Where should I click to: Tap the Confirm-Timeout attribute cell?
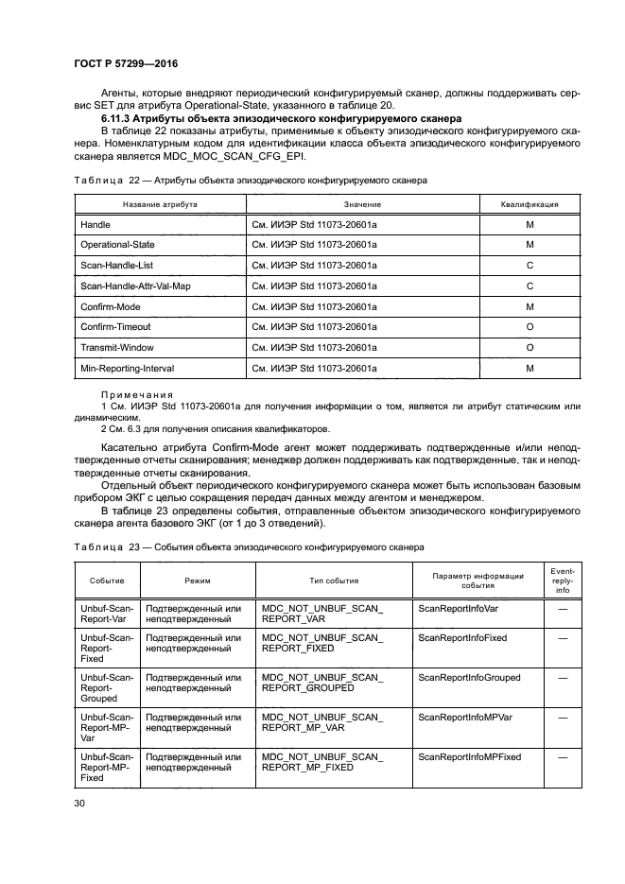click(115, 327)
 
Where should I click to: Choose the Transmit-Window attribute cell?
click(116, 348)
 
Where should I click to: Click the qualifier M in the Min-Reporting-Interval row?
click(530, 368)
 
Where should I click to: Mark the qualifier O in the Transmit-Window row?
click(530, 348)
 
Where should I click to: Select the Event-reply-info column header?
click(563, 581)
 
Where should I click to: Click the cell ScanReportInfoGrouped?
click(469, 678)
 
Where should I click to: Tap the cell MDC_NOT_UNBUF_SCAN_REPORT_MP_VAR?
click(322, 723)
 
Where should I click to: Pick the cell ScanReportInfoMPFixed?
click(469, 757)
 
